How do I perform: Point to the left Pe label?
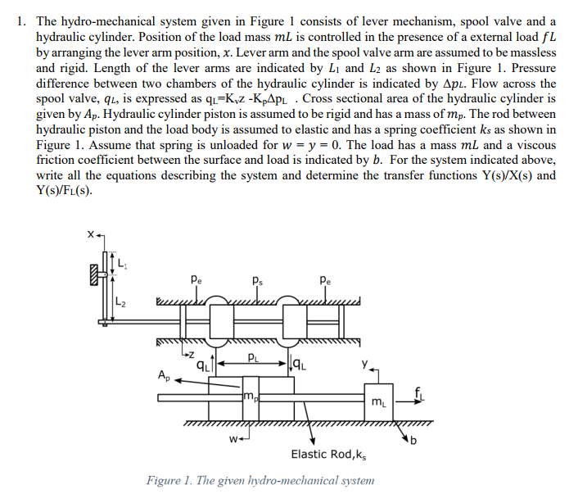(194, 279)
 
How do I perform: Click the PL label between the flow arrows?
(255, 357)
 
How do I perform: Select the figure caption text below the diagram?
(260, 481)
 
